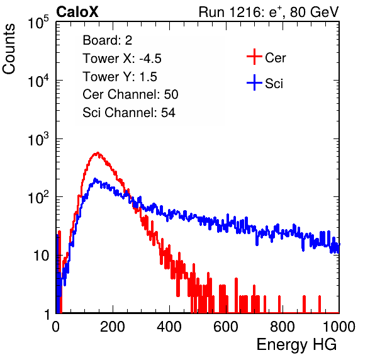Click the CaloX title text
(77, 12)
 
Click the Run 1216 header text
(269, 12)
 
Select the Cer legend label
(275, 58)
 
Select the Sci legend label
(274, 84)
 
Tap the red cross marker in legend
(254, 57)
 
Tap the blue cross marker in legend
(254, 82)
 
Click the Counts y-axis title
(9, 49)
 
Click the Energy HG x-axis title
(296, 345)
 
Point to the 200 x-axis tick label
(113, 327)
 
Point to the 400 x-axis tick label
(169, 327)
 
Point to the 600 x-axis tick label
(226, 327)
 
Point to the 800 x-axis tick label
(283, 327)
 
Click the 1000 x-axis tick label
(339, 327)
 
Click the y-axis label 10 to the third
(38, 139)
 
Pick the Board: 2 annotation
(108, 40)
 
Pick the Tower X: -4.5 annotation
(122, 59)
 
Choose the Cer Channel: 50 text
(130, 94)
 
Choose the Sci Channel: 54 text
(129, 113)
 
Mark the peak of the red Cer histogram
(98, 153)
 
